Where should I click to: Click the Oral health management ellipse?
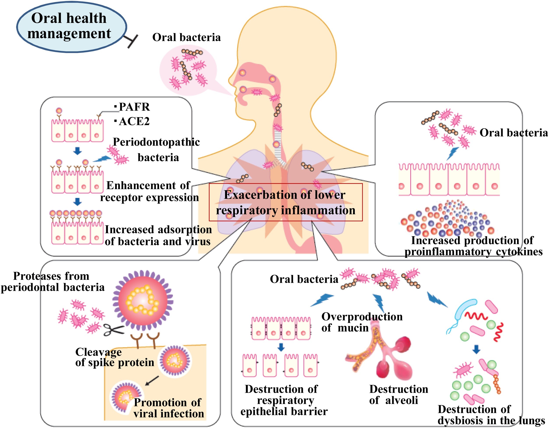click(71, 26)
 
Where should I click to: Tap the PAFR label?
click(134, 107)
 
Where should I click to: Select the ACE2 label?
click(134, 122)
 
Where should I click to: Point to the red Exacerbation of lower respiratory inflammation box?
click(286, 203)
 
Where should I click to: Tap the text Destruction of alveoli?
click(398, 395)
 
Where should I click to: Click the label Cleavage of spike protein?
click(114, 357)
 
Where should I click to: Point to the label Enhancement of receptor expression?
click(149, 192)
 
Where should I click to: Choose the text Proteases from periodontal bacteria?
click(52, 282)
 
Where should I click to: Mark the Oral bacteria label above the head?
click(186, 37)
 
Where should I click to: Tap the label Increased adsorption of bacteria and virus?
click(158, 236)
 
